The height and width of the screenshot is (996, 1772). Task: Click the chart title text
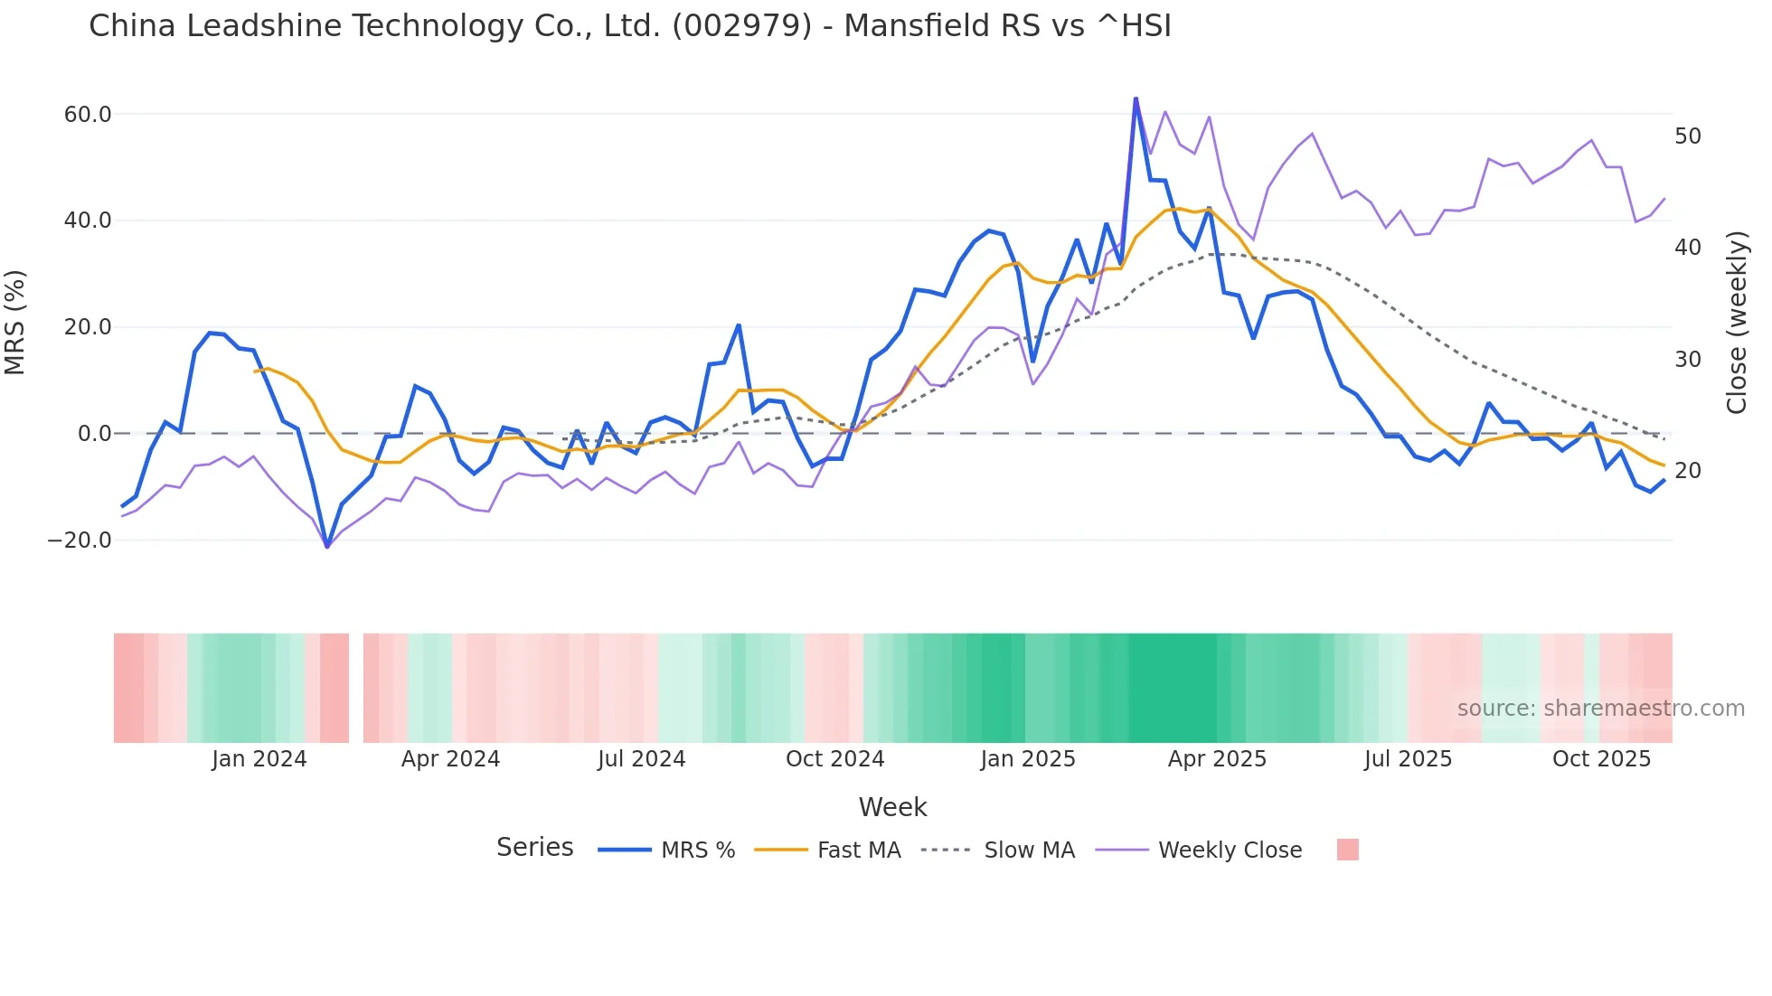630,26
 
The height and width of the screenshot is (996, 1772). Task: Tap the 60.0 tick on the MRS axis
88,115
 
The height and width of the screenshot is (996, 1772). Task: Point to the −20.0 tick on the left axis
80,540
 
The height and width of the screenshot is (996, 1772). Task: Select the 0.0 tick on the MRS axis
94,434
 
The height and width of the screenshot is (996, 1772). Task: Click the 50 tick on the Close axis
1688,136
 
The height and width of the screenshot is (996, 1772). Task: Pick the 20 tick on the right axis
1688,471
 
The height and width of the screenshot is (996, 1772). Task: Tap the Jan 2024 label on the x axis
259,759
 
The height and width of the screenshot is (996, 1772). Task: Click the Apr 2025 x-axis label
1217,759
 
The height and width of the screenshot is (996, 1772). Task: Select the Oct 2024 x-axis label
834,759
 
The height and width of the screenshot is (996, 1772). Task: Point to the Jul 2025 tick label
1408,759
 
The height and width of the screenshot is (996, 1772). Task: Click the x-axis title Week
892,807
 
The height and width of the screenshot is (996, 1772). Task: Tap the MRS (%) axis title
15,322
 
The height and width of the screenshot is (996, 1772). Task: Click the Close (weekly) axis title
1737,323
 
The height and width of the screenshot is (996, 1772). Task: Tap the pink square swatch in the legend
1347,850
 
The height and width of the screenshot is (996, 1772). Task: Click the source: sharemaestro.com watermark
1600,709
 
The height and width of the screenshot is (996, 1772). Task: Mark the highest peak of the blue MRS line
1136,99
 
